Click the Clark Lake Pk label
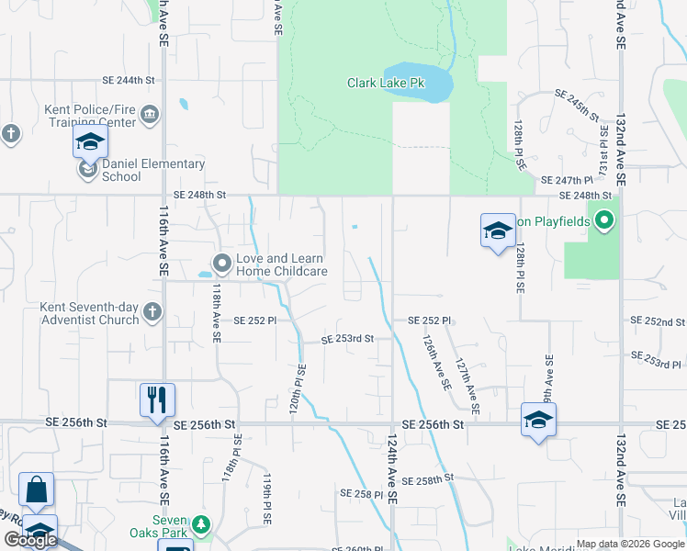386,83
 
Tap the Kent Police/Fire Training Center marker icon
150,116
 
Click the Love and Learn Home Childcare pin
221,264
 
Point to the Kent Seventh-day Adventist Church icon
152,314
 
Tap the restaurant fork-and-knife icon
157,399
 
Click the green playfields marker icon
604,220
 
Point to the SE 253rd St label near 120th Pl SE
347,339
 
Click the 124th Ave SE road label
391,469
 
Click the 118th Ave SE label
217,311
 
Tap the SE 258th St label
429,479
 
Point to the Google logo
30,540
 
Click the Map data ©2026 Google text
630,544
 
